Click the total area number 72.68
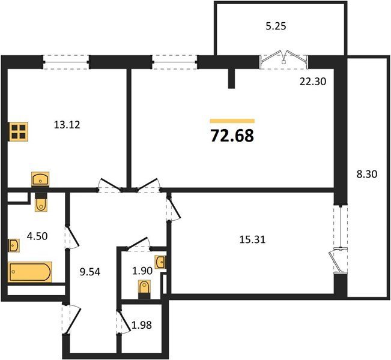tap(232, 136)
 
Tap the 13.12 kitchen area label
tap(67, 125)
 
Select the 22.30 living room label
tap(313, 82)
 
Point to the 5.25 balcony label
tap(276, 26)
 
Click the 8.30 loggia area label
tap(367, 174)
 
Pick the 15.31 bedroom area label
tap(252, 239)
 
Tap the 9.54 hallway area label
tap(90, 272)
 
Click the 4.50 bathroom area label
tap(37, 236)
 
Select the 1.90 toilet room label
tap(142, 271)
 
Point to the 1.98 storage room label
tap(142, 325)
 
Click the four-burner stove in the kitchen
tap(18, 132)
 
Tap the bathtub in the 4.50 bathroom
tap(30, 272)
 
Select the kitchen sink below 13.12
tap(40, 179)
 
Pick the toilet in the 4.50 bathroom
tap(41, 202)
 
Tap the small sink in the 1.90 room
tap(160, 262)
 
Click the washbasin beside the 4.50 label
tap(14, 245)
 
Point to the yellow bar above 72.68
tap(232, 121)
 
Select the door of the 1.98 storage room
tap(124, 322)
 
